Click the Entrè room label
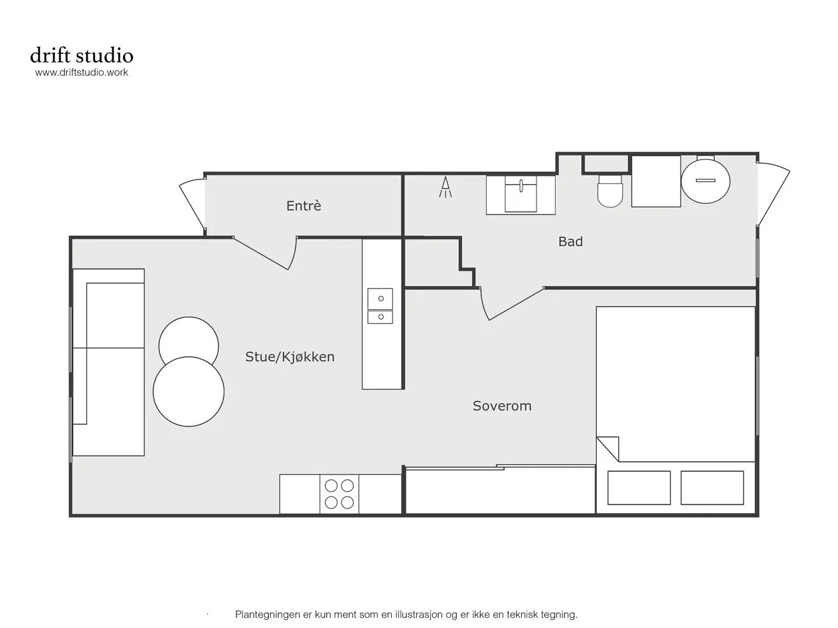[303, 206]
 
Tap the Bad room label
[570, 241]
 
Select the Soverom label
[502, 405]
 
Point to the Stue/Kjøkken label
[290, 357]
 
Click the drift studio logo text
[82, 55]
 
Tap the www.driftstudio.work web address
[82, 72]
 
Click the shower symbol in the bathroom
[445, 187]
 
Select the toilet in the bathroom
[610, 191]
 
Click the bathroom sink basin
[521, 193]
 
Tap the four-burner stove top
[339, 494]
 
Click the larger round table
[189, 391]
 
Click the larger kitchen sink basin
[380, 299]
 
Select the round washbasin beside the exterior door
[705, 181]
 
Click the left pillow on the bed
[639, 488]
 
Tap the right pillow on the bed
[712, 488]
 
